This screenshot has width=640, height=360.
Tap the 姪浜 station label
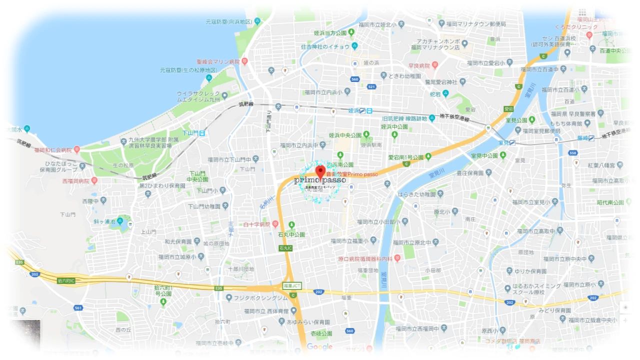coord(354,110)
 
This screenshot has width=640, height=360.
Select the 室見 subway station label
coord(503,142)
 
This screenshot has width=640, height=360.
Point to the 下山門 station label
coord(189,133)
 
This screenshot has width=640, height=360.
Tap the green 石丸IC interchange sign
coord(285,248)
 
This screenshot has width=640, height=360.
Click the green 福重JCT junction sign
coord(292,285)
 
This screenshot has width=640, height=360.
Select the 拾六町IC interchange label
coord(66,280)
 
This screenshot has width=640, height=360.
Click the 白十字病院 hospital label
coord(256,224)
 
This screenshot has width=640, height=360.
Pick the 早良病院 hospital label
coord(419,65)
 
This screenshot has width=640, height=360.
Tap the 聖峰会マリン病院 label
coord(218,61)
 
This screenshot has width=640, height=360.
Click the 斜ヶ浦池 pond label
coord(104,221)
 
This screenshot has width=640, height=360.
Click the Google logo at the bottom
coord(319,347)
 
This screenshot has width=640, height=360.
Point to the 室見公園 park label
coord(516,120)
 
